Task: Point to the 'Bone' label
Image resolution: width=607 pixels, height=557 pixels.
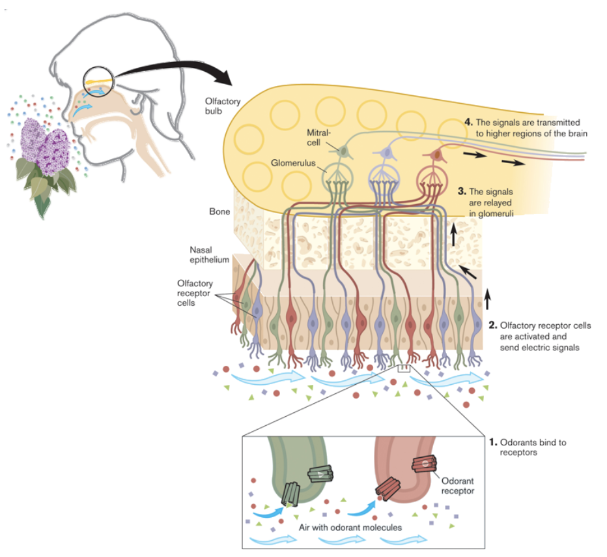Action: point(219,212)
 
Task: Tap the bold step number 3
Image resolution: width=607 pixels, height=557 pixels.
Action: point(461,192)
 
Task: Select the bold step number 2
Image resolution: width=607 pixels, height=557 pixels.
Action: point(493,325)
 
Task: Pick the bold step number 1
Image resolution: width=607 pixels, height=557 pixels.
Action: point(493,442)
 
